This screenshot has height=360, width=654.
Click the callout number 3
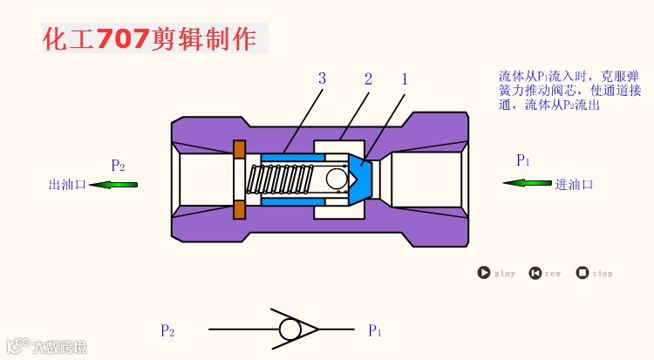click(x=322, y=79)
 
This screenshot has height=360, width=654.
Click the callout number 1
click(x=405, y=79)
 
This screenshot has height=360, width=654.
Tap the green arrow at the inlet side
click(x=527, y=183)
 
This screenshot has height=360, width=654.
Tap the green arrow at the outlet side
click(x=113, y=184)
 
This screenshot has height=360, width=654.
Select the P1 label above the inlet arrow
click(x=523, y=160)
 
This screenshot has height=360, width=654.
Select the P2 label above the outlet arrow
click(x=118, y=166)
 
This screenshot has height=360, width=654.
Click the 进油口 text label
click(x=574, y=184)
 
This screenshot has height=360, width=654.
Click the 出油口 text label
click(x=67, y=185)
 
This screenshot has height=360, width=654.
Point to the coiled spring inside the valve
click(x=278, y=180)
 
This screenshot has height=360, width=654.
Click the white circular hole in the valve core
click(x=337, y=179)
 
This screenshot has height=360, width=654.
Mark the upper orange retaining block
click(x=239, y=149)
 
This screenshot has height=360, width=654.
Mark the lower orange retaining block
click(x=239, y=210)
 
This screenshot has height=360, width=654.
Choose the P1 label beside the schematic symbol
click(x=375, y=330)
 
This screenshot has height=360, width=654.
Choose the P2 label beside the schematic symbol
click(x=167, y=330)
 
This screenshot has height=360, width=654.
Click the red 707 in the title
click(x=122, y=38)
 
